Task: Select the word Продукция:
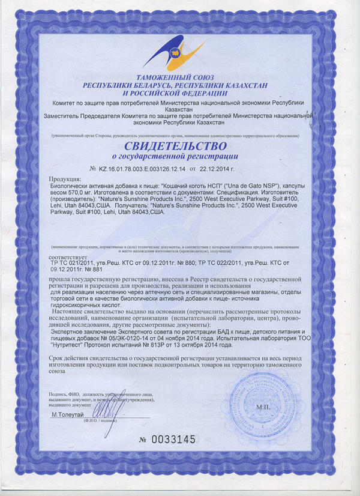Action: click(67, 180)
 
